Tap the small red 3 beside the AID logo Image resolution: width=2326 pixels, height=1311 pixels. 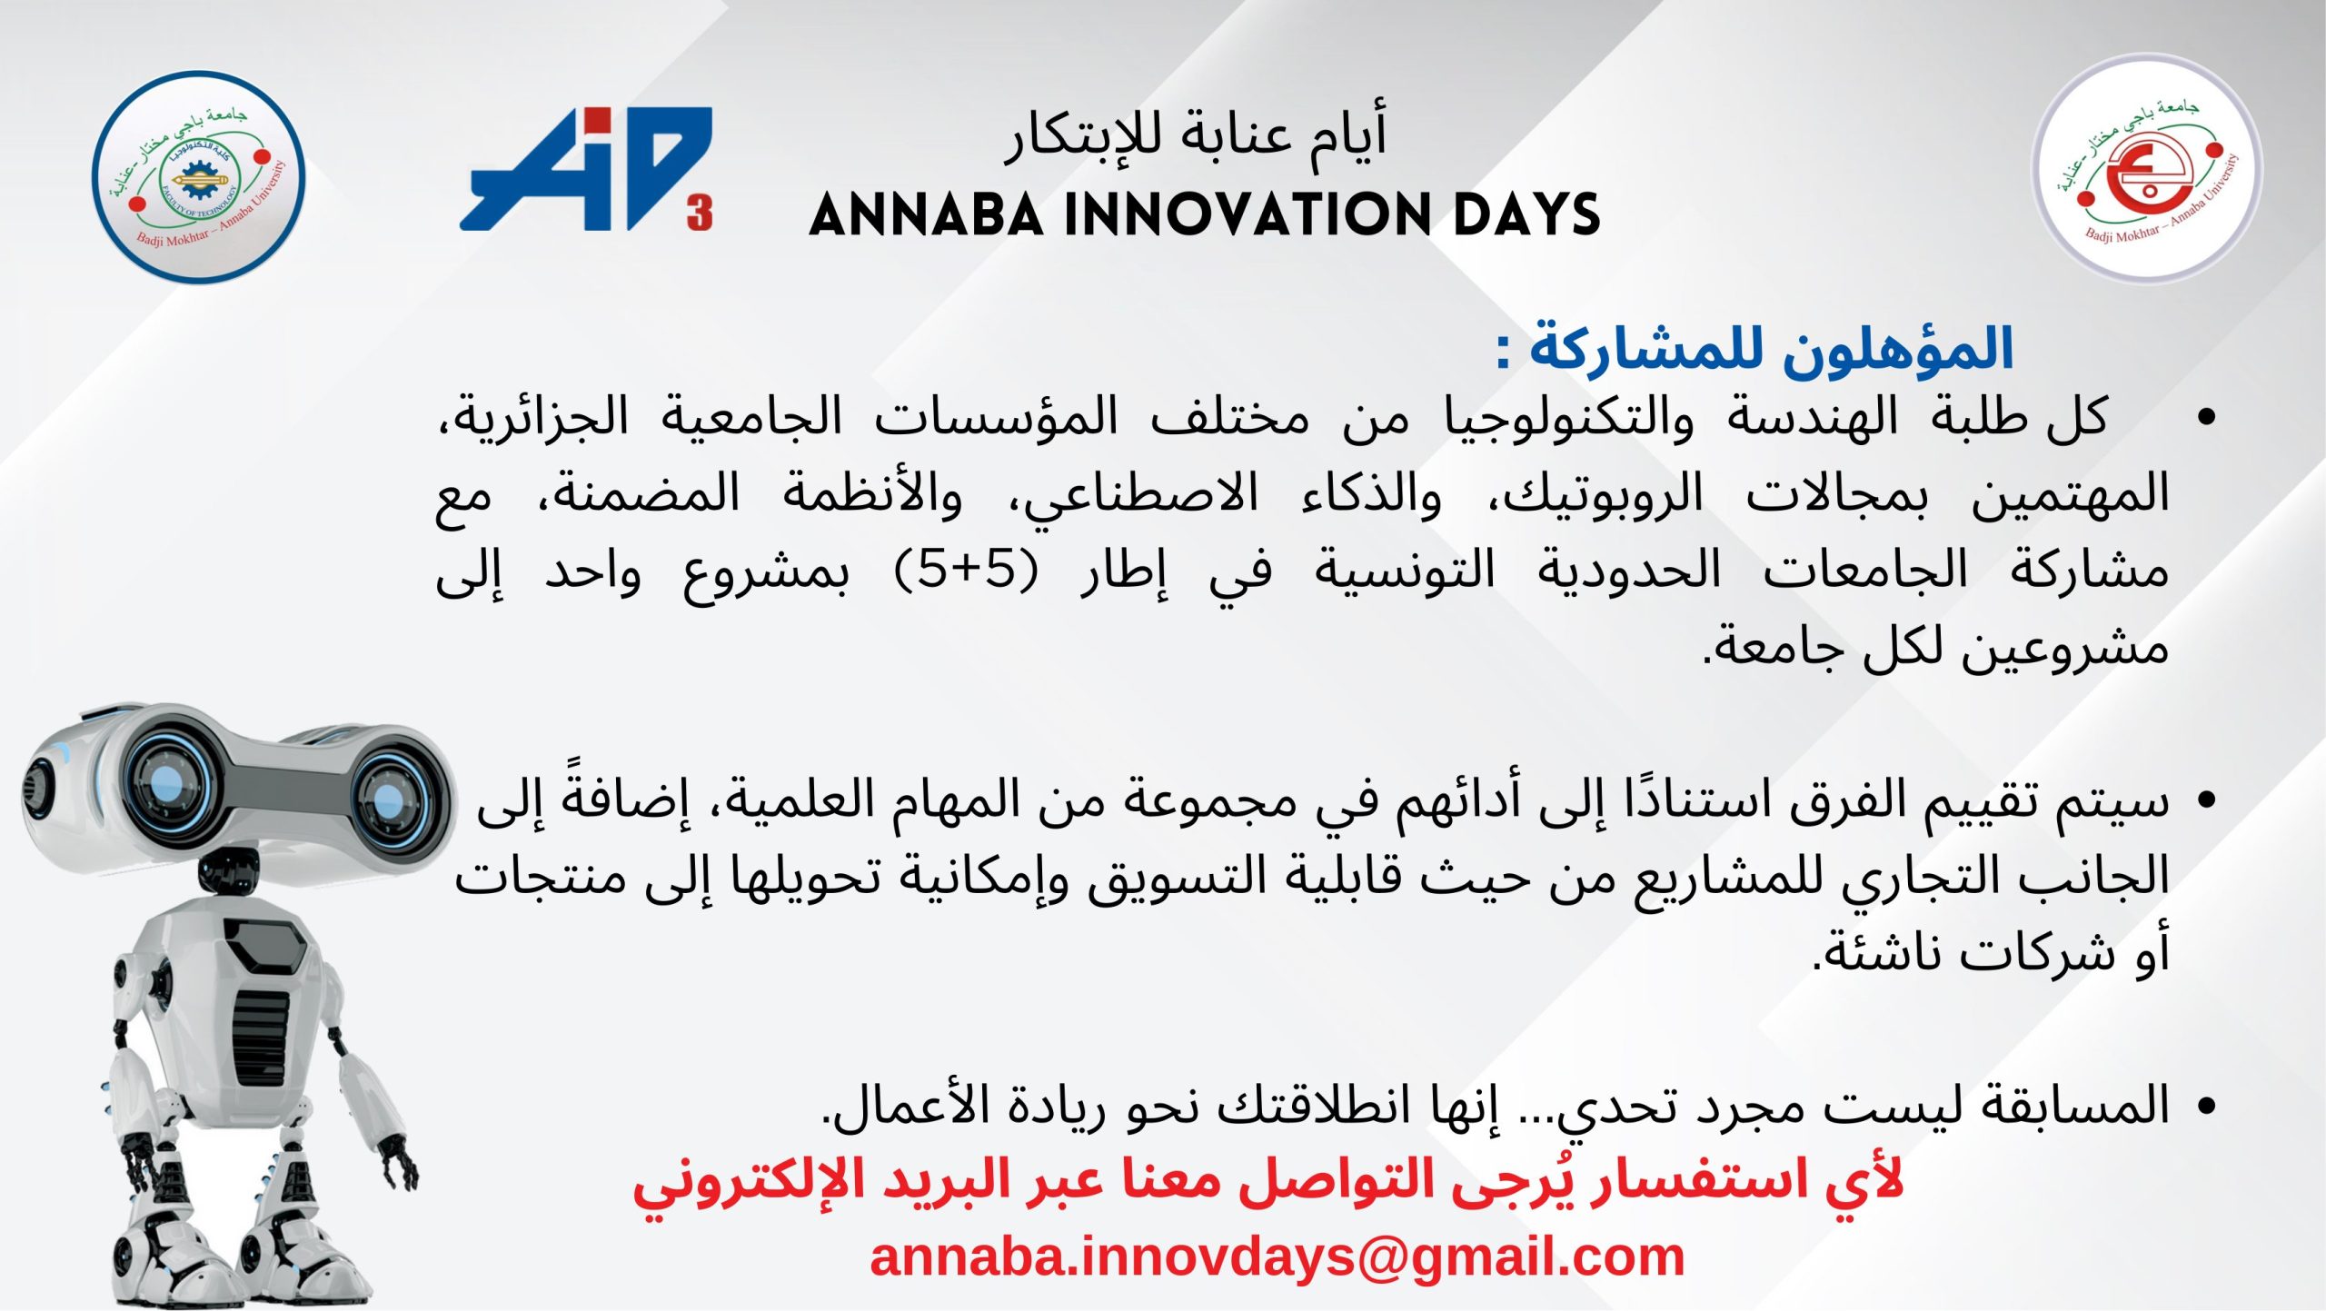pos(700,214)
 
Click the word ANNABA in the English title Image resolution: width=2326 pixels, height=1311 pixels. pos(927,215)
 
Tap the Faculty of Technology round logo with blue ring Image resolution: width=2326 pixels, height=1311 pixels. pos(198,177)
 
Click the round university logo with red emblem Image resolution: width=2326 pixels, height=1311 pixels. pos(2147,169)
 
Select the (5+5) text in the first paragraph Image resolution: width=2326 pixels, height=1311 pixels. pos(966,571)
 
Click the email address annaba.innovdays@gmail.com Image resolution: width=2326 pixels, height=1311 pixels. pos(1277,1257)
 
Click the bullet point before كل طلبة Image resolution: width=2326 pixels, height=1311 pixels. pos(2206,418)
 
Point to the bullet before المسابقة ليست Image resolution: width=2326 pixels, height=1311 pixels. pos(2204,1107)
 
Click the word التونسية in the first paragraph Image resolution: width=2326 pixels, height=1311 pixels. pos(1405,572)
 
